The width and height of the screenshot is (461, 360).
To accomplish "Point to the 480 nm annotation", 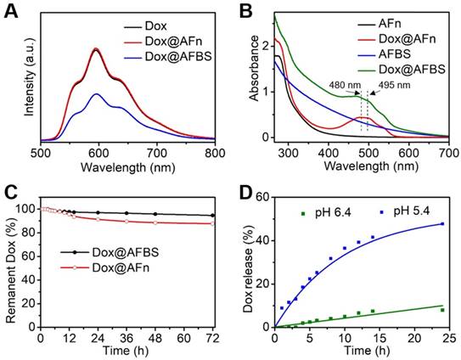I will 349,85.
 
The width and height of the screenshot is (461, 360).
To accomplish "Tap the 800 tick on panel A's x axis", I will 216,152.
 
